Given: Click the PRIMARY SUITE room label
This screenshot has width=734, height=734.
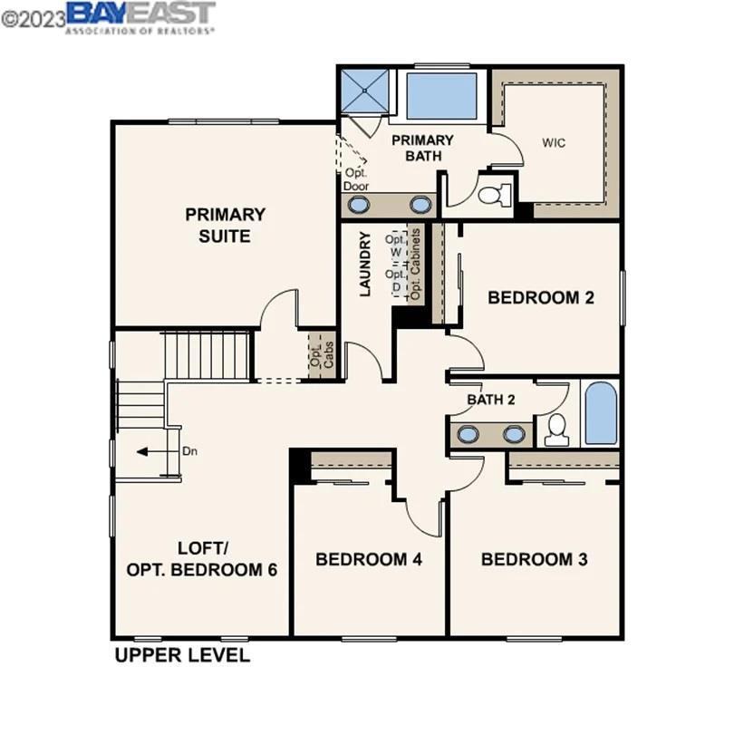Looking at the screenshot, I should coord(226,226).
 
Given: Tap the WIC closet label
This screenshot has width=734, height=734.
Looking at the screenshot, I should coord(554,143).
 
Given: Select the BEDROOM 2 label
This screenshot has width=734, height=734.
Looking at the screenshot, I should coord(541,297).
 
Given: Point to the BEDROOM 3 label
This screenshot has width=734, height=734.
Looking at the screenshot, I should coord(534,559).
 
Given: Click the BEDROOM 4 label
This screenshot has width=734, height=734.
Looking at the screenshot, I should coord(369,559).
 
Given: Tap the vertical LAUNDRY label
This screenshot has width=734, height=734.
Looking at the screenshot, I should coord(366,265).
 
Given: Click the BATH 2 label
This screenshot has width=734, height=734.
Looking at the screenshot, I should coord(490,400).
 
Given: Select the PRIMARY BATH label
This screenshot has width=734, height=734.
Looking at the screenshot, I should coord(422,148).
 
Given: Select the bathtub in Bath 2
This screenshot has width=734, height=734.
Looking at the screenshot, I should coord(600,413).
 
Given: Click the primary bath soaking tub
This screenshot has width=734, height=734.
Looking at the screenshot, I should coord(441,96).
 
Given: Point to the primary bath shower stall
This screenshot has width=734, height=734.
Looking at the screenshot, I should coord(365,91).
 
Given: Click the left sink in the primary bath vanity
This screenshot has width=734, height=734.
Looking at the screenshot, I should coord(361,204).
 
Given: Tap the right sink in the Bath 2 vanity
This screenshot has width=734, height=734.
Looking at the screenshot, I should coord(514,434).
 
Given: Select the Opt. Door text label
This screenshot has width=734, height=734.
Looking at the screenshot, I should coord(355,179).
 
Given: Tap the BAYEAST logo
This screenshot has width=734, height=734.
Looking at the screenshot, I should coord(140,15).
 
